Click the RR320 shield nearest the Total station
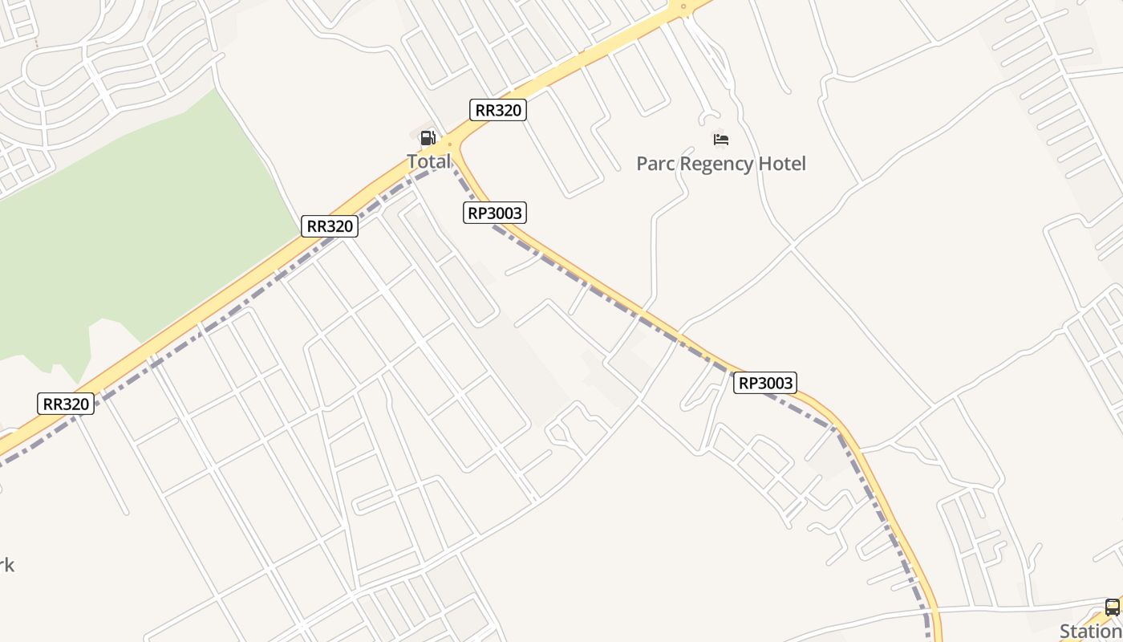(x=497, y=110)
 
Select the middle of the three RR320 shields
(x=329, y=226)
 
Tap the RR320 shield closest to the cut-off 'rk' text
(x=66, y=404)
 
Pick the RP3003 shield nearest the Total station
(x=495, y=213)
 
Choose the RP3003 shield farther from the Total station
(x=765, y=383)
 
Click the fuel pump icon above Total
(x=428, y=138)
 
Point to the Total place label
(x=428, y=161)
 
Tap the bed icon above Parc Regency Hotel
(x=720, y=140)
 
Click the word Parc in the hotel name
(x=655, y=164)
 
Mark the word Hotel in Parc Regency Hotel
(x=782, y=164)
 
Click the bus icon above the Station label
(x=1112, y=607)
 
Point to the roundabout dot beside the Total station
(x=450, y=145)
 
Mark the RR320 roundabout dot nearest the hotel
(x=683, y=7)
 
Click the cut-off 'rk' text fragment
(x=6, y=565)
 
